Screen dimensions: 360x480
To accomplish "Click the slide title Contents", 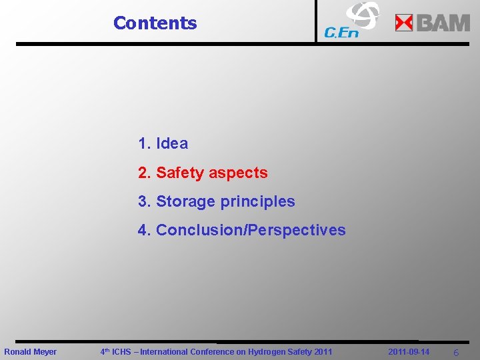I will tap(155, 23).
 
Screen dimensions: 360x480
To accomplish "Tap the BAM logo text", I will tap(443, 23).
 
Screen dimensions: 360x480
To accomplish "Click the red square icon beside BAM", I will tap(404, 23).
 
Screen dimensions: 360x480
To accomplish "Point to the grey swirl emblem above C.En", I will tap(362, 14).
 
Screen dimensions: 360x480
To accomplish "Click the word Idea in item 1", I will tap(172, 143).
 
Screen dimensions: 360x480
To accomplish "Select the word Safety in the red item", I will tap(179, 173).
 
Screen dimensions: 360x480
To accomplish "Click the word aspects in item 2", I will tap(238, 173).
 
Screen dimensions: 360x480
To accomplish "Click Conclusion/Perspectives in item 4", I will tap(251, 230).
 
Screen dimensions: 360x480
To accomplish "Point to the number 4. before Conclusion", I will tap(145, 230).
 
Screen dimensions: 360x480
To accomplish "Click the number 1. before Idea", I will tap(145, 143).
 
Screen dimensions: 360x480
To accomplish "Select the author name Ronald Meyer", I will tap(31, 351).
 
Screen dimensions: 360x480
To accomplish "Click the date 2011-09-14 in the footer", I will tap(409, 351).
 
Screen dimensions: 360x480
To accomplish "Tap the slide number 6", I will tap(455, 352).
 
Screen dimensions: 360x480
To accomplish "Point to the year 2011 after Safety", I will tap(322, 351).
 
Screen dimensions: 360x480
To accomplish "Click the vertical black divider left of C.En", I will tap(316, 21).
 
